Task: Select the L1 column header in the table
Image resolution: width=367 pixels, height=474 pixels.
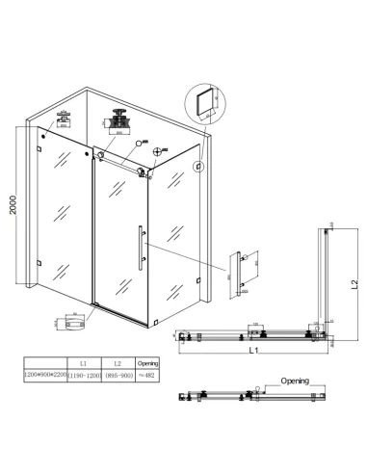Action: pyautogui.click(x=84, y=364)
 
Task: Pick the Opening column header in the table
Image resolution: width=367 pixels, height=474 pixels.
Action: pyautogui.click(x=147, y=364)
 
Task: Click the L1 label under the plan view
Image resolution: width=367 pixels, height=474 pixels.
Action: pyautogui.click(x=252, y=354)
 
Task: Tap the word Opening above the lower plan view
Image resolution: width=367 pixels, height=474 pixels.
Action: pyautogui.click(x=295, y=382)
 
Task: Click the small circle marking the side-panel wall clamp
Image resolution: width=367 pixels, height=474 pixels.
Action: pyautogui.click(x=198, y=165)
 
